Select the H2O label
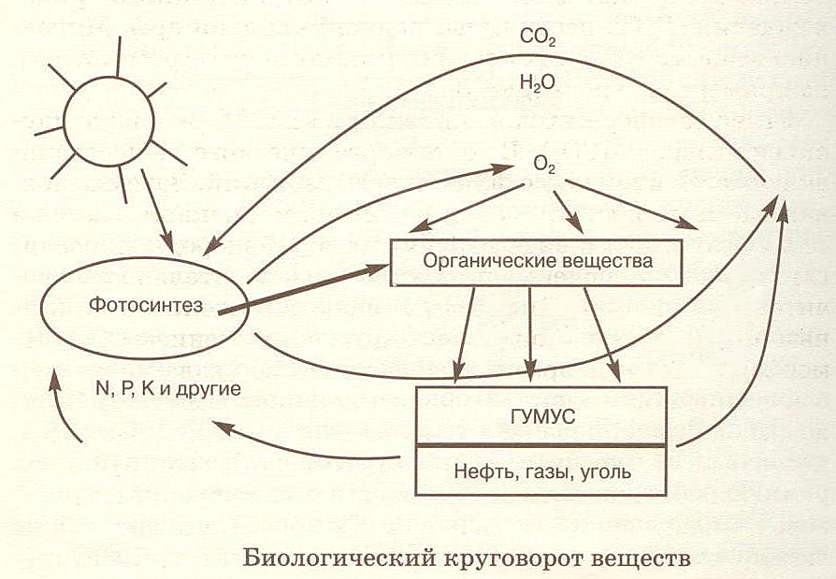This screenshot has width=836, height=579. pyautogui.click(x=537, y=83)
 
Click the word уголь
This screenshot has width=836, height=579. pyautogui.click(x=606, y=470)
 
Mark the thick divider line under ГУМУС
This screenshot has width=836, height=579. pyautogui.click(x=541, y=444)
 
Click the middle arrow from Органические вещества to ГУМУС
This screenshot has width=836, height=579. pyautogui.click(x=530, y=331)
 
